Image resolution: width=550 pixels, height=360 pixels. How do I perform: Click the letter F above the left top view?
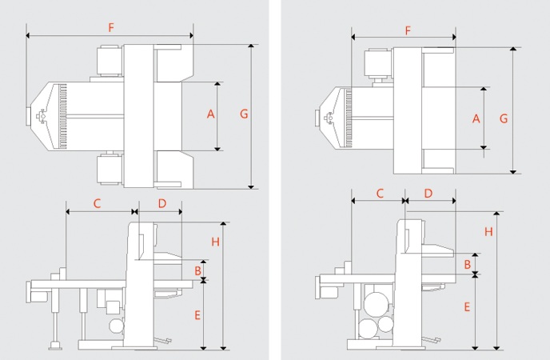[x=111, y=27]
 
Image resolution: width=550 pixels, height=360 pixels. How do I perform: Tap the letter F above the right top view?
[x=408, y=30]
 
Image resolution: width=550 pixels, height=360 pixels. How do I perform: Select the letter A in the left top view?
[x=211, y=114]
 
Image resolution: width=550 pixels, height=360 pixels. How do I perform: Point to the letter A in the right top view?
[x=476, y=119]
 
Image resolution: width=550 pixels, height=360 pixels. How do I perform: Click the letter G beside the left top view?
[x=244, y=114]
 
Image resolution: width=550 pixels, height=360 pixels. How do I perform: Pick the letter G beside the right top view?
[x=504, y=118]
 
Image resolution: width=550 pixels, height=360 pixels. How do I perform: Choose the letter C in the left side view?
[x=97, y=203]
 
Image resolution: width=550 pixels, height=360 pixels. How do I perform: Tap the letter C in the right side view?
[x=380, y=194]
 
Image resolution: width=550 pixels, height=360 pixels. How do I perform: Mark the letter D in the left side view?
[x=162, y=203]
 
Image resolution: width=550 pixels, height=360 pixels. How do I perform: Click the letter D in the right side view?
[x=428, y=194]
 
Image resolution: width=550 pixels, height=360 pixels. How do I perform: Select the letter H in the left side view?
[x=215, y=241]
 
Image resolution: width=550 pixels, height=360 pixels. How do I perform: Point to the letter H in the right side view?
[x=488, y=231]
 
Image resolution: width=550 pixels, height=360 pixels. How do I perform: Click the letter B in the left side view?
[x=197, y=270]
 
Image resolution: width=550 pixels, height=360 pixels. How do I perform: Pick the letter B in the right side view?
[x=468, y=263]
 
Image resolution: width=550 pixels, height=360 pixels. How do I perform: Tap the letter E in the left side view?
[x=197, y=314]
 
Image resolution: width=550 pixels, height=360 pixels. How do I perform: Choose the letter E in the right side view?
[x=468, y=306]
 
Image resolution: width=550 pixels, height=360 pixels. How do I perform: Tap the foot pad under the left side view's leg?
[x=56, y=346]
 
